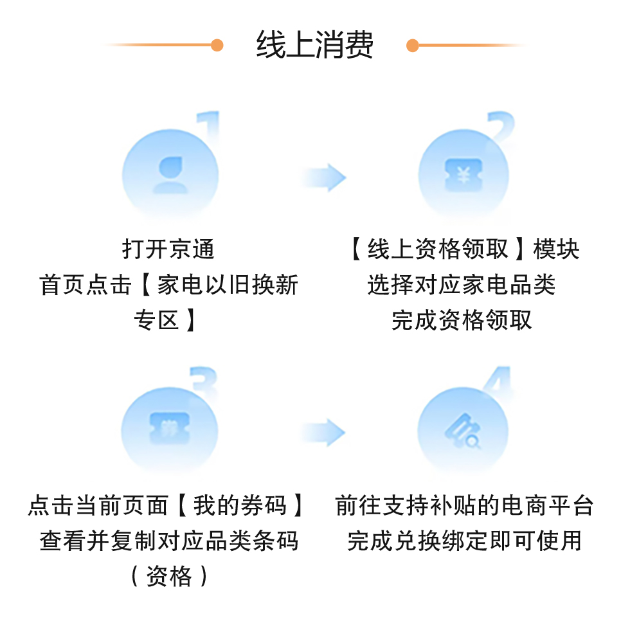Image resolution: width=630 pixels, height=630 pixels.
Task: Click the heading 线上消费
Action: (314, 45)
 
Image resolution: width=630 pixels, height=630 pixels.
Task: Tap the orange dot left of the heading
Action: (217, 45)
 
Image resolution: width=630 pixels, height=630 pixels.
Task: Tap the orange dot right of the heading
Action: (413, 45)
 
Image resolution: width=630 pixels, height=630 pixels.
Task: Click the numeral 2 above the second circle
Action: (500, 127)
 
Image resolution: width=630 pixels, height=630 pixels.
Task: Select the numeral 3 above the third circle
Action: (205, 382)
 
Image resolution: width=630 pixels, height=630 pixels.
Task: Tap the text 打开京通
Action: (168, 249)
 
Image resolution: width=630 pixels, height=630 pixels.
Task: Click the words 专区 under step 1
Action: (157, 319)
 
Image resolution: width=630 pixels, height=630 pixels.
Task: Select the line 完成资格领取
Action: (462, 319)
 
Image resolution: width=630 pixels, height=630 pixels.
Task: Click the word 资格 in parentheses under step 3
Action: (169, 576)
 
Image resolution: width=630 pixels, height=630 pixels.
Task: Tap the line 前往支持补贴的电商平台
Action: (464, 506)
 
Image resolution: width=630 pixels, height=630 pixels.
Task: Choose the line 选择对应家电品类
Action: (462, 284)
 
